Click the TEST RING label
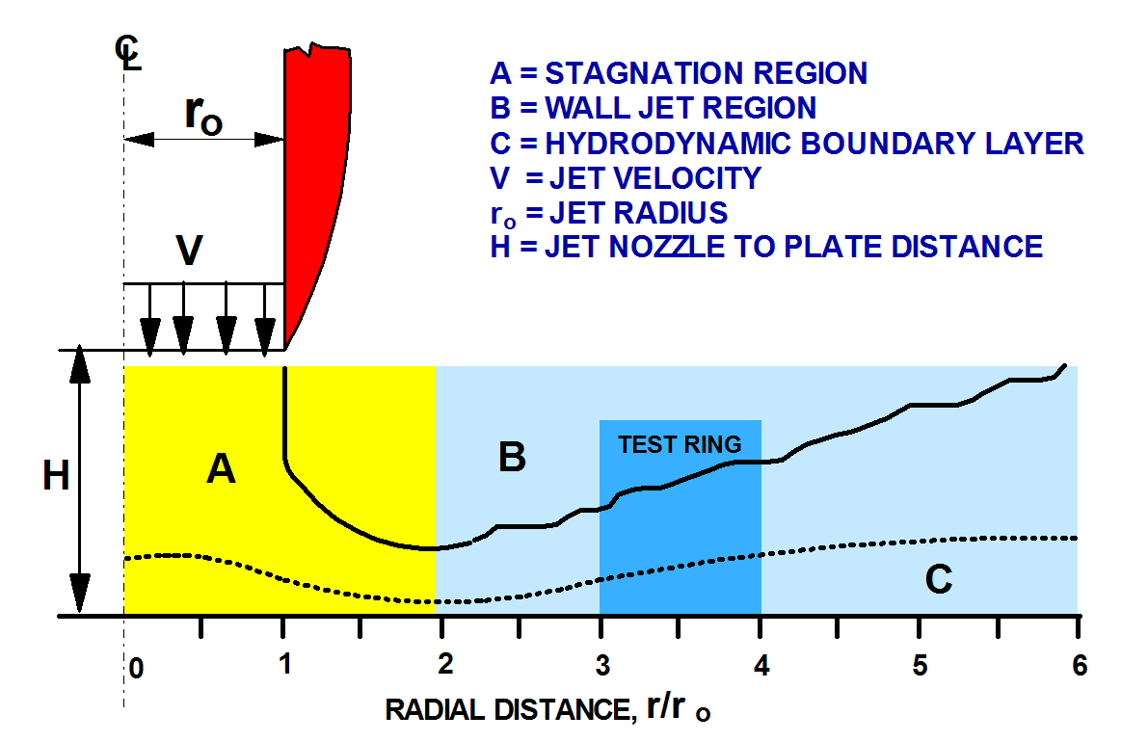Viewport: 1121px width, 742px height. click(680, 444)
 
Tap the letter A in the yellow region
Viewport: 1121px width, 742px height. click(221, 469)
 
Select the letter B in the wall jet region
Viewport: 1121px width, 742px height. click(512, 457)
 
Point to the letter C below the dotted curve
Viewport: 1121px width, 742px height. click(938, 580)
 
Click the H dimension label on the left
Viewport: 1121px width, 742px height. click(57, 476)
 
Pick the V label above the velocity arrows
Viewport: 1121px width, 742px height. click(189, 252)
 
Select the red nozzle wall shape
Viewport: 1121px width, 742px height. click(313, 193)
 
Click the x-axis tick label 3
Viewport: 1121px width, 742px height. click(602, 666)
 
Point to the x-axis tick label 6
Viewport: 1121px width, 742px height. click(1079, 666)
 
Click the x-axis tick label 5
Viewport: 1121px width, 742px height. click(920, 666)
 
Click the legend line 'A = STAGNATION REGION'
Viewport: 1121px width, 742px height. click(678, 73)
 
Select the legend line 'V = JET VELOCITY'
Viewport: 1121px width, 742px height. click(626, 178)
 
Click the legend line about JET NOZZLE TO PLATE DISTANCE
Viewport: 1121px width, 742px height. click(766, 247)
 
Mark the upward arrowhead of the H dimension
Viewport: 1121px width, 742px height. click(81, 367)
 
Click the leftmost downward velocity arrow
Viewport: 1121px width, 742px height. click(148, 331)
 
